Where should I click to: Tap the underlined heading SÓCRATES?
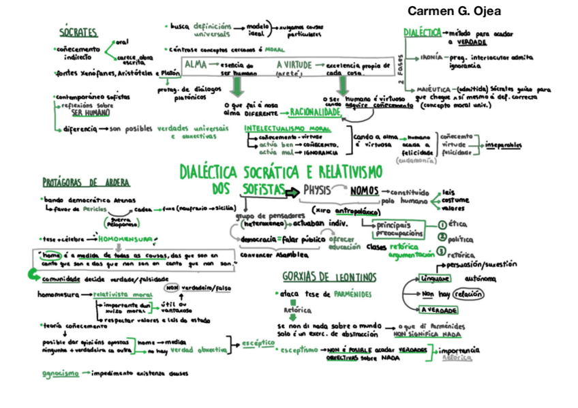pos(78,33)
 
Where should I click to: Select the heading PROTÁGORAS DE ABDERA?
pos(86,182)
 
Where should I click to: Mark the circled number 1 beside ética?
pos(442,224)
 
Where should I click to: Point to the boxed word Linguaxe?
pos(435,278)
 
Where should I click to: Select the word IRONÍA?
pos(433,59)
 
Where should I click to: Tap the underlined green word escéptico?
pos(256,343)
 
